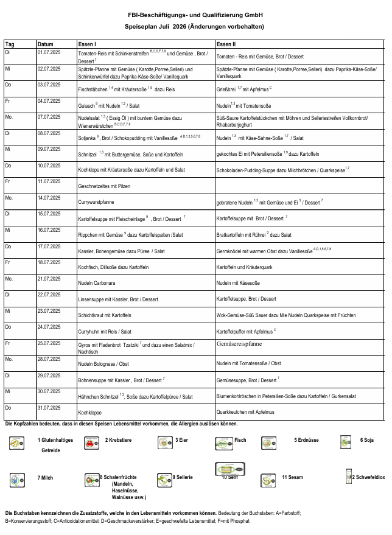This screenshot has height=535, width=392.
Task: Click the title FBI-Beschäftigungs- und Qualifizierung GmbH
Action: [x=195, y=15]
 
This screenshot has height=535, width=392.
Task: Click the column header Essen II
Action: [x=226, y=44]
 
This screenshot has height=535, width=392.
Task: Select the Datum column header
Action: [x=45, y=44]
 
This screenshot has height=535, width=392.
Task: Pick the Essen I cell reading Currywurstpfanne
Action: [x=97, y=201]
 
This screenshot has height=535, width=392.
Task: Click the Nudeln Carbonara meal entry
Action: [x=98, y=283]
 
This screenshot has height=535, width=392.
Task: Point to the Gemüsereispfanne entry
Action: [x=239, y=344]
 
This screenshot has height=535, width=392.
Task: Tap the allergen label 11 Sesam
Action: [x=292, y=477]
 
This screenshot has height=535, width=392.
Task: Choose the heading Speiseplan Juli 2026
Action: [x=195, y=27]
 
